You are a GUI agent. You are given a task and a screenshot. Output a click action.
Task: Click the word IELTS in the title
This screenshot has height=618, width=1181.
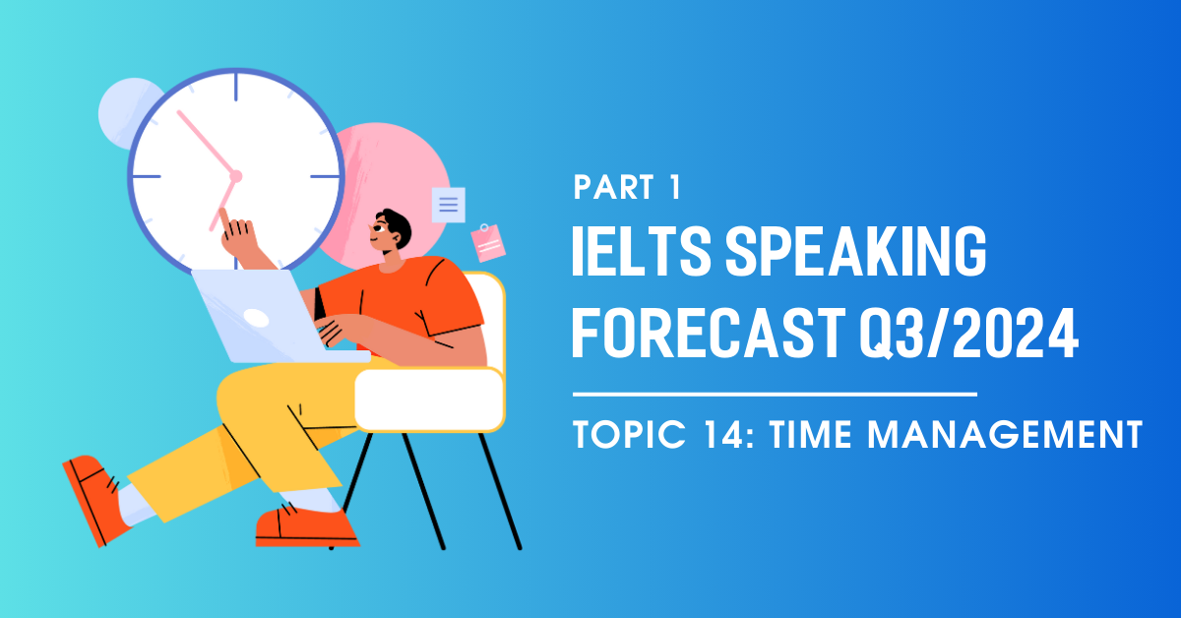[642, 251]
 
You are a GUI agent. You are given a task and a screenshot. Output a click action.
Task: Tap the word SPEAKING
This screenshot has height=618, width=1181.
[855, 251]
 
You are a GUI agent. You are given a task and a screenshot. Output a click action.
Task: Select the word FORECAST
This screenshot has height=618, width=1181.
[709, 334]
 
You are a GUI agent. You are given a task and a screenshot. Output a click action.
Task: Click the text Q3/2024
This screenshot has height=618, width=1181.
[969, 334]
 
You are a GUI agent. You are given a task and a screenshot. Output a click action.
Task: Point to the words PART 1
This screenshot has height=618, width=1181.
[627, 187]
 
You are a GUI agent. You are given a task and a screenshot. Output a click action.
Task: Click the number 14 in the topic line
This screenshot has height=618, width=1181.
[725, 435]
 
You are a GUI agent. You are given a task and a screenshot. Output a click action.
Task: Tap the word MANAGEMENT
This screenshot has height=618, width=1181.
[1005, 435]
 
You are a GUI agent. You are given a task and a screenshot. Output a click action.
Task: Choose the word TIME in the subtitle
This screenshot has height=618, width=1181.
[810, 435]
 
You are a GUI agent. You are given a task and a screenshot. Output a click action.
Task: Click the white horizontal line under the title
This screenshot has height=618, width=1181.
[775, 394]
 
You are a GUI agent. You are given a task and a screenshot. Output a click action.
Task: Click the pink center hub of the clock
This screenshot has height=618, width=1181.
[235, 176]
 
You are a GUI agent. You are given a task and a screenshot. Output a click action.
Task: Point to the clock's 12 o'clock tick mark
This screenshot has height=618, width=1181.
[235, 87]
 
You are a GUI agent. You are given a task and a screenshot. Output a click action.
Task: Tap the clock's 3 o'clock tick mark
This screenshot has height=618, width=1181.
[325, 176]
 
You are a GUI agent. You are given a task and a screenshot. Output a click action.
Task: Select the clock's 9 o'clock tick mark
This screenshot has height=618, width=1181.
[146, 176]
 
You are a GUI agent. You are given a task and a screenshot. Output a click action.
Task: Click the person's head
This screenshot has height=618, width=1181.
[391, 230]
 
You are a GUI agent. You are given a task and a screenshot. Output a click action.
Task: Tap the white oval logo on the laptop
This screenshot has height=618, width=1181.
[256, 318]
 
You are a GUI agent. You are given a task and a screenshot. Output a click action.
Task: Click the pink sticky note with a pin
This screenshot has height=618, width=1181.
[488, 242]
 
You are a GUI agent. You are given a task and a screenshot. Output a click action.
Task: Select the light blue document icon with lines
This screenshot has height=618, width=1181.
[448, 205]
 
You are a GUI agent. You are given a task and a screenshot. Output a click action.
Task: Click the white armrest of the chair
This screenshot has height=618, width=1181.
[429, 400]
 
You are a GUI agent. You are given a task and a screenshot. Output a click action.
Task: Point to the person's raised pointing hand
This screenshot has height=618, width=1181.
[238, 236]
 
